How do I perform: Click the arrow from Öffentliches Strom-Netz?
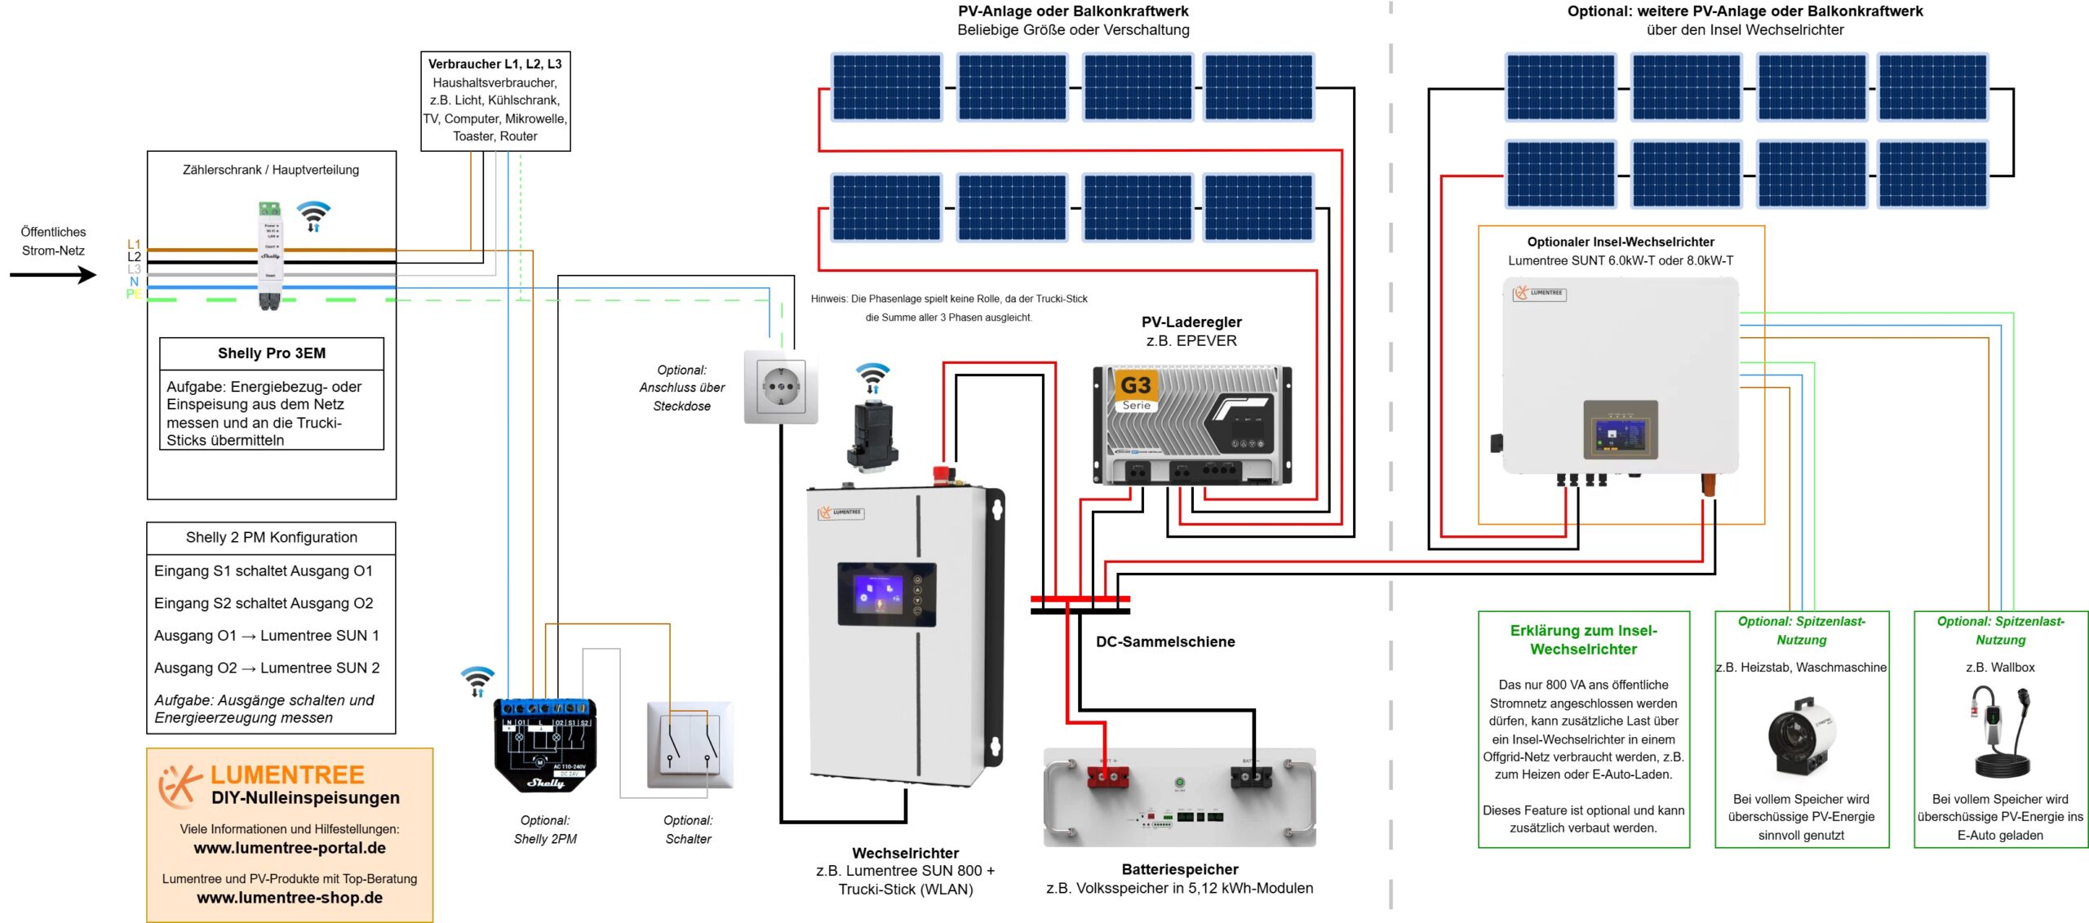point(53,275)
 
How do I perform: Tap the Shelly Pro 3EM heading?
point(271,353)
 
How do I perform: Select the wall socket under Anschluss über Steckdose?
point(780,387)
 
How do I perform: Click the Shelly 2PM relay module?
point(544,745)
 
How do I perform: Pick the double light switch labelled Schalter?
point(690,744)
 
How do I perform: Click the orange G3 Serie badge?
point(1136,391)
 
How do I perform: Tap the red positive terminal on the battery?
point(1107,777)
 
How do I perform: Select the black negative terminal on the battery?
point(1250,777)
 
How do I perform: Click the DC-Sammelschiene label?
point(1164,641)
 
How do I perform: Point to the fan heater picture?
point(1801,736)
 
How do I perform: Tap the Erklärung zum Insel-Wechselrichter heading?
point(1583,640)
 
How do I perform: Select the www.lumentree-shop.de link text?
point(290,898)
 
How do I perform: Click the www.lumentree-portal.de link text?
point(290,848)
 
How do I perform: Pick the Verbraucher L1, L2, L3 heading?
point(495,64)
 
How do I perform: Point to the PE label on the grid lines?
point(133,294)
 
